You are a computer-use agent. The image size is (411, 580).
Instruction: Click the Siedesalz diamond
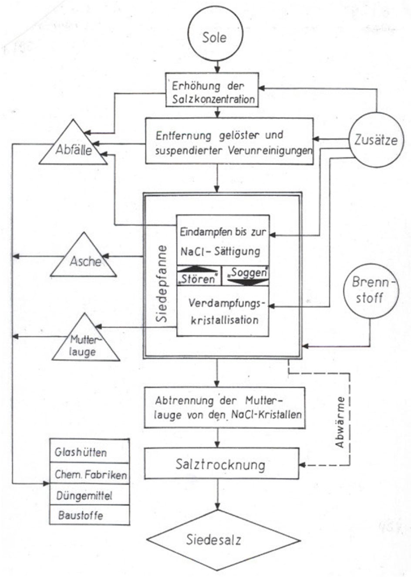pos(214,540)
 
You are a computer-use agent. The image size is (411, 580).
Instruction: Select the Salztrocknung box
pos(221,464)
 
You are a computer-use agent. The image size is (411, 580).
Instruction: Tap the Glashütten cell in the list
pos(90,452)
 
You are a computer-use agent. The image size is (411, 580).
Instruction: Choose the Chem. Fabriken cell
pos(90,474)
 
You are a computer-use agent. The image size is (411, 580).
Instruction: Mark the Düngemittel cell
pos(90,495)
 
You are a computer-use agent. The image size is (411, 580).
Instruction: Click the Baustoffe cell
pos(90,515)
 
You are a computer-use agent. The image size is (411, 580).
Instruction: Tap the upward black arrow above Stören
pos(198,269)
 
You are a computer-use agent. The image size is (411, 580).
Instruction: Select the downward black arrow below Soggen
pos(246,281)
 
